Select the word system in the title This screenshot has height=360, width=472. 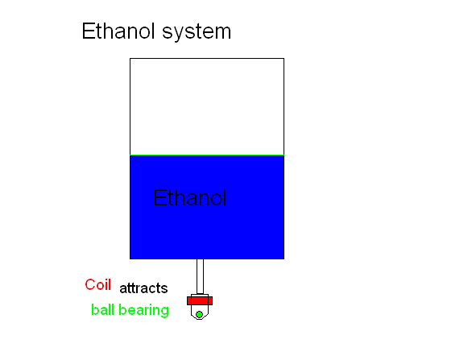(x=197, y=32)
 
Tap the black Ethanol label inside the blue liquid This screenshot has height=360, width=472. (x=189, y=197)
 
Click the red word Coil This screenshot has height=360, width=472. (x=97, y=284)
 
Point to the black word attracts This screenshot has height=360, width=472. (x=143, y=288)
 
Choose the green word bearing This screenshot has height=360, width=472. (x=143, y=310)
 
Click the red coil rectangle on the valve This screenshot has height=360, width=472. (x=200, y=300)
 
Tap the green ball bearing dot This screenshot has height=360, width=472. (x=199, y=315)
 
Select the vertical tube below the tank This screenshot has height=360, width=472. (x=200, y=276)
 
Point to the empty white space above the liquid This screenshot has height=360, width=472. (x=207, y=106)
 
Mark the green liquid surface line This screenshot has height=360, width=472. (x=207, y=155)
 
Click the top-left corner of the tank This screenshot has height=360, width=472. (x=130, y=59)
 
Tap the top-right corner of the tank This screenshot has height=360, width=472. (x=284, y=59)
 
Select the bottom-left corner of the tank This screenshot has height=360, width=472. (x=130, y=259)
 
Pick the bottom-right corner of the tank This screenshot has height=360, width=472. (x=284, y=259)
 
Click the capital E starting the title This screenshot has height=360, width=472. (x=88, y=31)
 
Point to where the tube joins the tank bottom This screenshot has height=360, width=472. (x=200, y=259)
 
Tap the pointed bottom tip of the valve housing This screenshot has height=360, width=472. (x=199, y=320)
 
